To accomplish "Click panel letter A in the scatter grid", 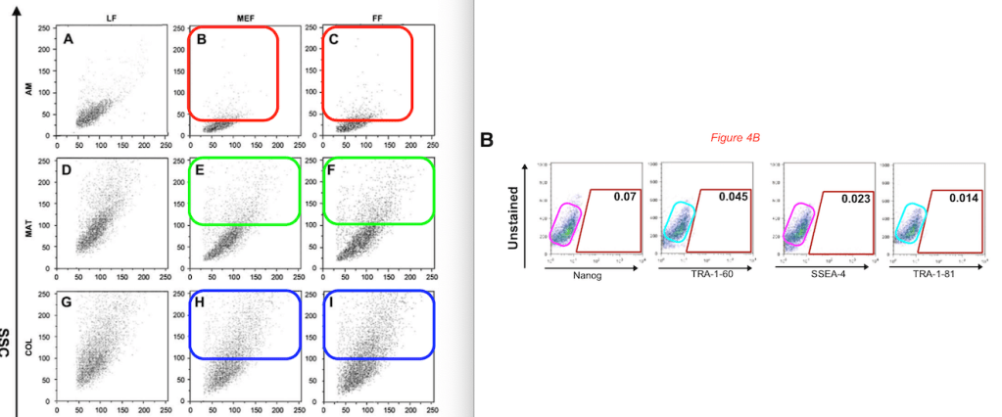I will tap(69, 40).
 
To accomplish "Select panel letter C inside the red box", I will tap(335, 40).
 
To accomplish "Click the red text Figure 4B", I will tap(733, 138).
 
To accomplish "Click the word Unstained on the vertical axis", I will tap(511, 217).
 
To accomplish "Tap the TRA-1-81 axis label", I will tap(930, 277).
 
